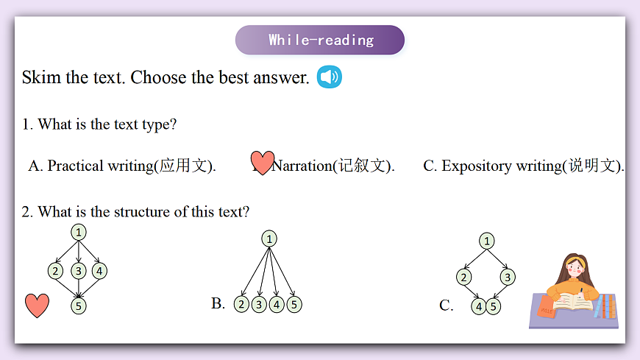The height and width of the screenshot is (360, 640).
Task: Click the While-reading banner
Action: point(320,40)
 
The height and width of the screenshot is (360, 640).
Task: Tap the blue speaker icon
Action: point(330,77)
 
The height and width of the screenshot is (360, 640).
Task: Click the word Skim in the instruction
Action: point(41,77)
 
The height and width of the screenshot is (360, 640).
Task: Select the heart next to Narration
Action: point(262,162)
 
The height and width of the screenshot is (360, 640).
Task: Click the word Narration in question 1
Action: point(302,166)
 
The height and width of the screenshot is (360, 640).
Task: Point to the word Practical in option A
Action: point(75,166)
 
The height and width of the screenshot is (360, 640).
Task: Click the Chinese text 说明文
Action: point(594,166)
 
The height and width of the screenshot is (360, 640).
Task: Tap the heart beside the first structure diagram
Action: point(37,304)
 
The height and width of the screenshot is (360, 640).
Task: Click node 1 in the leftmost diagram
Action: point(79,232)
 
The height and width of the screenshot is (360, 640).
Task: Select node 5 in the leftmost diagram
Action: point(79,306)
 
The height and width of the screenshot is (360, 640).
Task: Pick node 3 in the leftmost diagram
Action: point(79,271)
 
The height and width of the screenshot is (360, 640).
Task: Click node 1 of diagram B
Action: point(269,239)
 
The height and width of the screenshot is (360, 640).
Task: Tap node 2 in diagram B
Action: point(241,304)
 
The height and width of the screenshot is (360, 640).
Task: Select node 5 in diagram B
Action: point(294,304)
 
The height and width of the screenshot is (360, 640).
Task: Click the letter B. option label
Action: point(218,303)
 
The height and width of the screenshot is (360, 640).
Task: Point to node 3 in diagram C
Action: point(507,277)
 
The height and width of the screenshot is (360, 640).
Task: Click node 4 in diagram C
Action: point(479,306)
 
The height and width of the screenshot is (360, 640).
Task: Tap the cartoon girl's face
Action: point(573,269)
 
